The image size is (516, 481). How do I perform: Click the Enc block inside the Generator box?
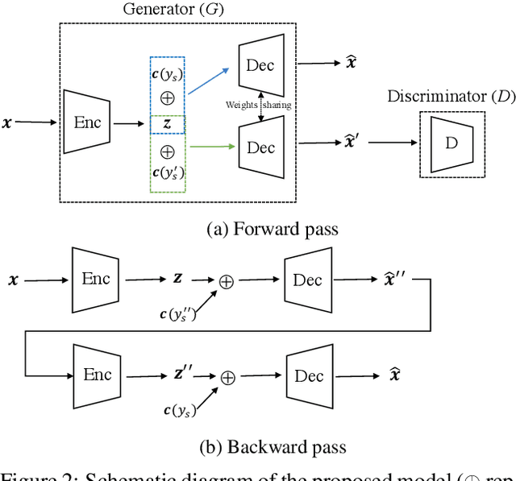coord(86,122)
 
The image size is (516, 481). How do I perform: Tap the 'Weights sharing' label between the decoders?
coord(258,105)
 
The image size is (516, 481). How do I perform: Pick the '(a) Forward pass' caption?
coord(273,229)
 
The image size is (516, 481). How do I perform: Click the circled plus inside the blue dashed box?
coord(168,97)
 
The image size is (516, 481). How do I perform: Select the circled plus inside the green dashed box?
coord(168,151)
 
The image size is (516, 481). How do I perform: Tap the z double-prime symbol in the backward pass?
coord(182,374)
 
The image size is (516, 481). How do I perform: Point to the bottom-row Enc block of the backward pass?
coord(97,375)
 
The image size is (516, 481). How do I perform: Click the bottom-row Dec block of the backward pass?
coord(309,376)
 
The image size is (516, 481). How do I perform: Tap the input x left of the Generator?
coord(8,122)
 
